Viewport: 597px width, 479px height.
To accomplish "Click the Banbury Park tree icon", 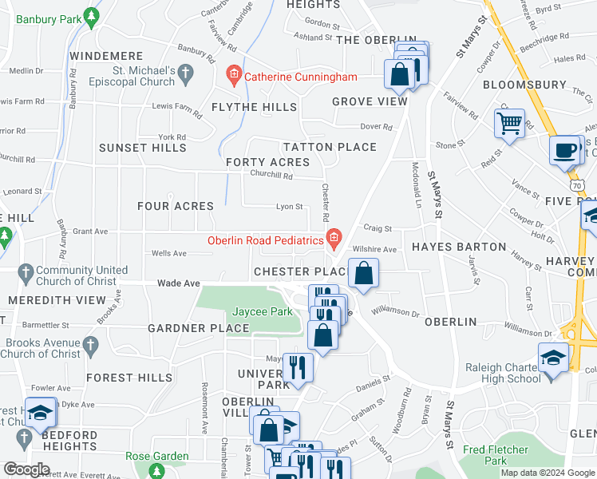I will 93,15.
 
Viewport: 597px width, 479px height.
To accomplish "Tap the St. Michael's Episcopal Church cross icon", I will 185,76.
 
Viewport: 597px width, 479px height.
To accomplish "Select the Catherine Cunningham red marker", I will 234,77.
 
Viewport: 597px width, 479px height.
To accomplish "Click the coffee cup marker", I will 565,150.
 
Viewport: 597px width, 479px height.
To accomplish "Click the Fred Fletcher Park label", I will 496,455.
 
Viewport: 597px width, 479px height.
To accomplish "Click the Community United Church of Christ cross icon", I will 26,271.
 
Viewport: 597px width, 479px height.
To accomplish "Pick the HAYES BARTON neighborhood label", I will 459,247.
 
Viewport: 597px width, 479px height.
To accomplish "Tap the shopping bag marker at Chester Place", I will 363,274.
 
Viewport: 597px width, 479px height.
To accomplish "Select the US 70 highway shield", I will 577,184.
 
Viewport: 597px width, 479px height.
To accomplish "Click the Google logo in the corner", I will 26,469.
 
